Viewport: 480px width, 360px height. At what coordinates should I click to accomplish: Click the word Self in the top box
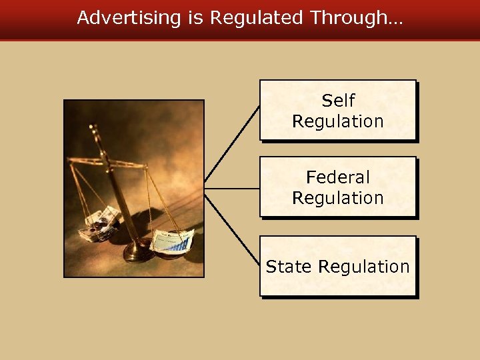[338, 101]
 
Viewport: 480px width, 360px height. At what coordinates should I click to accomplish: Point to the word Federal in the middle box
[338, 177]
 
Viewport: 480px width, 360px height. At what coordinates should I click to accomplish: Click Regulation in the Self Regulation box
[338, 121]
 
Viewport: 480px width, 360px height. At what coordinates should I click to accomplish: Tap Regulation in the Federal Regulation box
[338, 198]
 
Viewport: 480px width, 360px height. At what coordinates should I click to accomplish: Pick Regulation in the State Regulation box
[364, 267]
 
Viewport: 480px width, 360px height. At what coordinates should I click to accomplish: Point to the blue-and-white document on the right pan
[172, 239]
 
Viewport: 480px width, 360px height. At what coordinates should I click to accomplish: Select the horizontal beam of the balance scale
[107, 161]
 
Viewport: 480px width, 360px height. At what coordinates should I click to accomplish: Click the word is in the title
[195, 18]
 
